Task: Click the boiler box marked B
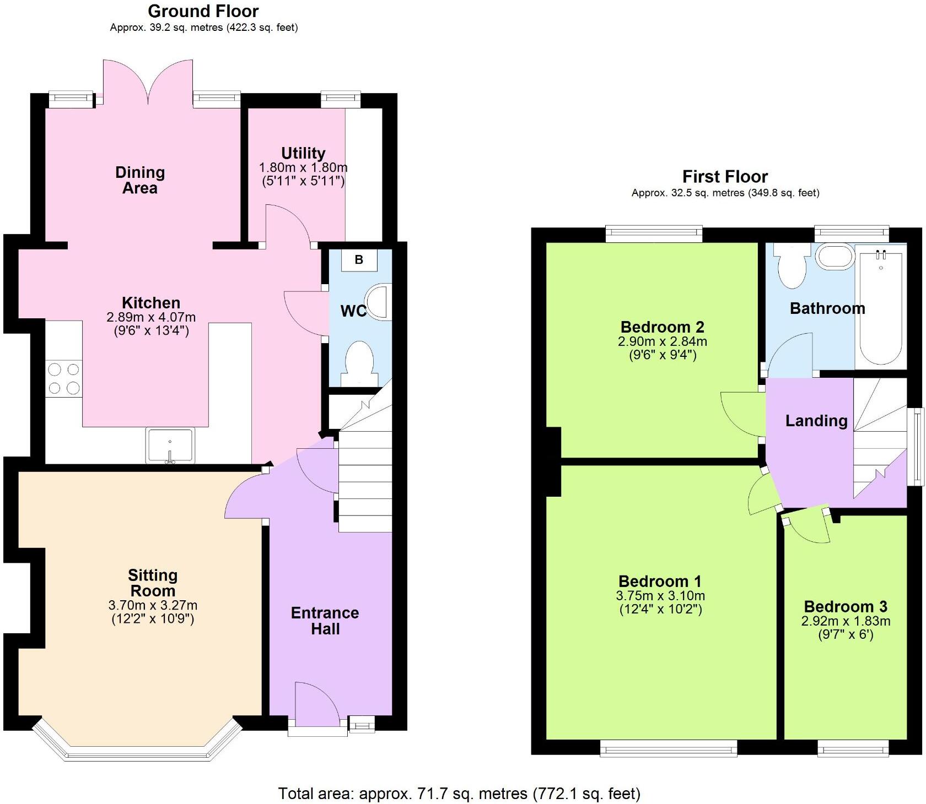(x=359, y=259)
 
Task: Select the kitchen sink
(x=170, y=446)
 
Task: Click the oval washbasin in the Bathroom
(x=835, y=257)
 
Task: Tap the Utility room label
(x=303, y=153)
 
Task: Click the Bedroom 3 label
(x=846, y=607)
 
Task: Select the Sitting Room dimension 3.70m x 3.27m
(x=153, y=605)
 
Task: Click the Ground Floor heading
(x=203, y=11)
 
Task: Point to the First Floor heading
(x=725, y=177)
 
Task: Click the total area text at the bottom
(x=459, y=794)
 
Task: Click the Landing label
(x=816, y=421)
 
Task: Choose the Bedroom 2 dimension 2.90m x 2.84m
(x=662, y=341)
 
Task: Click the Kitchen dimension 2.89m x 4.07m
(x=151, y=317)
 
